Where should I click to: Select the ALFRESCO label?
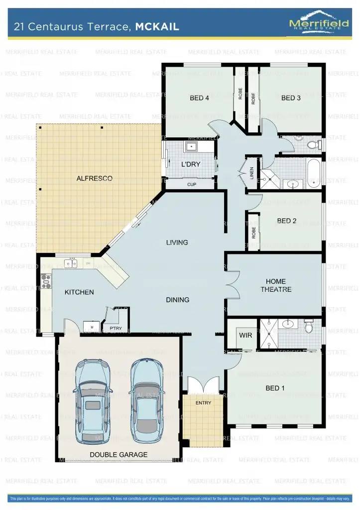coord(94,178)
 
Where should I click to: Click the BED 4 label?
coord(199,98)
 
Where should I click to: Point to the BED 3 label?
coord(291,98)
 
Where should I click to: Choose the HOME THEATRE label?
coord(275,285)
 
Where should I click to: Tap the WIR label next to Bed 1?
coord(245,335)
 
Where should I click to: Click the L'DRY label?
coord(190,164)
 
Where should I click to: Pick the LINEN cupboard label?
coord(252,173)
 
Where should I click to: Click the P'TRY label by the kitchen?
coord(116,328)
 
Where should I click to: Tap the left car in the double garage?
coord(93,401)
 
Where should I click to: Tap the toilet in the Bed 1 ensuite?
coord(309,327)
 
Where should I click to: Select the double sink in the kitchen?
coord(72,262)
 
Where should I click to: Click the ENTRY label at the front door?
coord(203,403)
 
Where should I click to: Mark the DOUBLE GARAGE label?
coord(119,455)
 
